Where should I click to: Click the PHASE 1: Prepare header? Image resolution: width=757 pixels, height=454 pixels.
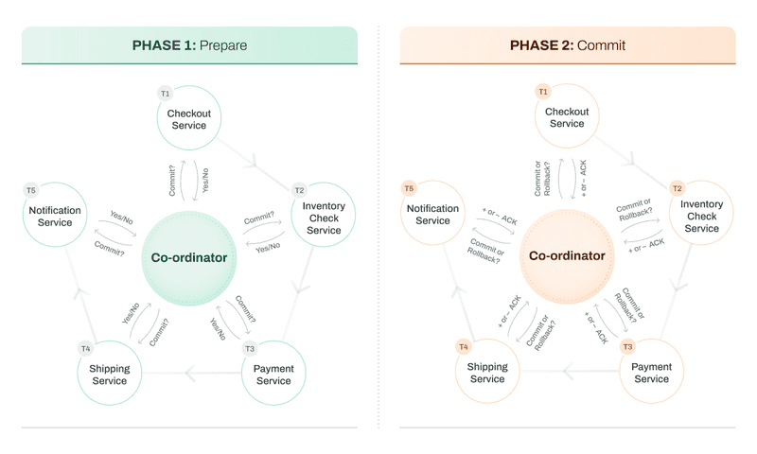click(x=189, y=45)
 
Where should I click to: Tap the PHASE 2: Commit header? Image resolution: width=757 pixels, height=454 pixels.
click(x=567, y=45)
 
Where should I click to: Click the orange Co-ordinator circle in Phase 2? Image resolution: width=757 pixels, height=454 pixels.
click(x=567, y=255)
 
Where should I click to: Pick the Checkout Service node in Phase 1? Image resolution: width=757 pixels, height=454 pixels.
click(x=189, y=119)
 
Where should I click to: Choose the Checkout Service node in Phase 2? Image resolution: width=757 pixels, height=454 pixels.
click(x=567, y=117)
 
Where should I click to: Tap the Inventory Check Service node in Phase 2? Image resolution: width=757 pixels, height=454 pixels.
click(x=701, y=216)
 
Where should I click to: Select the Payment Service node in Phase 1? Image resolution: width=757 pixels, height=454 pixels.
click(x=273, y=375)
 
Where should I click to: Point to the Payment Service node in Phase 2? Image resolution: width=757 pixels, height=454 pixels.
click(x=651, y=373)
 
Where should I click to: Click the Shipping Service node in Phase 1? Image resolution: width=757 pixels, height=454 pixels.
click(x=109, y=375)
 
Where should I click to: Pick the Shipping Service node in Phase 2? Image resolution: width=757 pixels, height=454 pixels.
click(x=487, y=373)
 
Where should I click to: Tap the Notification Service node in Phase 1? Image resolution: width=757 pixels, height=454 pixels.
click(x=56, y=217)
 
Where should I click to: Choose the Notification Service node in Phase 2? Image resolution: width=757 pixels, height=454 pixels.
click(x=432, y=215)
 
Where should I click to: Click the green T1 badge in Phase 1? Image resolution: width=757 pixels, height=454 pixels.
click(x=165, y=94)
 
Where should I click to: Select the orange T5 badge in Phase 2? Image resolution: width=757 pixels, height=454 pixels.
click(x=409, y=188)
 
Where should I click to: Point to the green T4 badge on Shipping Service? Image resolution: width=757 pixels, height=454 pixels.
click(x=85, y=349)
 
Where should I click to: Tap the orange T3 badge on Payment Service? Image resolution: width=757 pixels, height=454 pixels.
click(x=627, y=347)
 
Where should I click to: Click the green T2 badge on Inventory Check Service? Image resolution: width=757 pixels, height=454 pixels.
click(x=299, y=190)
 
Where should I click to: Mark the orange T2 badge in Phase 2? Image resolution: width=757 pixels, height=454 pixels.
click(x=677, y=188)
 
